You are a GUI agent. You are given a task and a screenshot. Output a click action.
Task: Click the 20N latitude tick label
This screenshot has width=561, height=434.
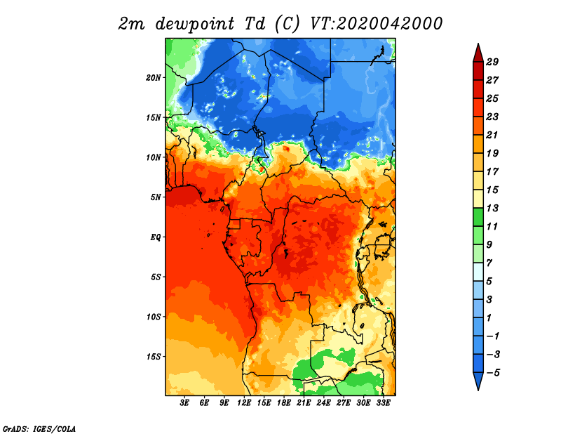[154, 78]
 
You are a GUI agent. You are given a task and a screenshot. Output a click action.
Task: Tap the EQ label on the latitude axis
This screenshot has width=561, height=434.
[155, 237]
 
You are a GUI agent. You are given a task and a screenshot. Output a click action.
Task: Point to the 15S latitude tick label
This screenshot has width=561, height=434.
[154, 357]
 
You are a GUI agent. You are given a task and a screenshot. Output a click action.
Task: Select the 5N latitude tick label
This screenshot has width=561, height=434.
[156, 197]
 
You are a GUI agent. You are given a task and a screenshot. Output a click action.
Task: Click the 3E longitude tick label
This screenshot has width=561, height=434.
[184, 403]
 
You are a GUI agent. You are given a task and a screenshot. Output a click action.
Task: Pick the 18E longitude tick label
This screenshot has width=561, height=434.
[284, 403]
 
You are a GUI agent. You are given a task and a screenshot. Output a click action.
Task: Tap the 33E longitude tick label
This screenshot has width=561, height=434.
[383, 403]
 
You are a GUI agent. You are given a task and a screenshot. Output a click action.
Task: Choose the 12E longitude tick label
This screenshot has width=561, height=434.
[244, 403]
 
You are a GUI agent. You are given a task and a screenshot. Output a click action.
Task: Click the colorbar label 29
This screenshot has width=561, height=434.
[492, 62]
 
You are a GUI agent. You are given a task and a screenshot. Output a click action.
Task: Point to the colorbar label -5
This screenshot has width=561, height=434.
[492, 373]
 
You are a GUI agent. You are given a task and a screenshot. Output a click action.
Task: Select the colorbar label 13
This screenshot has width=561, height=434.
[492, 208]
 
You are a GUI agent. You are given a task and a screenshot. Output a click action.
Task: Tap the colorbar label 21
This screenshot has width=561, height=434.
[492, 135]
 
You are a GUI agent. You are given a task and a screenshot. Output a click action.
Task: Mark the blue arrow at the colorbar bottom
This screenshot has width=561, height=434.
[478, 380]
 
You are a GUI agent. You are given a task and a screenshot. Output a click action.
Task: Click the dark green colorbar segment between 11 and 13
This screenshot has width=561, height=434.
[478, 217]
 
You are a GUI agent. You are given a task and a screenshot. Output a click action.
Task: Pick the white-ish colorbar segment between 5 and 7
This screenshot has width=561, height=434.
[478, 272]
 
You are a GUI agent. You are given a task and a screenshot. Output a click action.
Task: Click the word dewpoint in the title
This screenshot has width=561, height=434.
[195, 25]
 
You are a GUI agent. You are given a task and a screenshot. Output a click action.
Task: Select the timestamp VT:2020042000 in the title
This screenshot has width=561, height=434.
[376, 24]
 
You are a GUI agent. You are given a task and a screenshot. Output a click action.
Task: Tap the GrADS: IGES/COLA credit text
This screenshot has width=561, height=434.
[39, 429]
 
